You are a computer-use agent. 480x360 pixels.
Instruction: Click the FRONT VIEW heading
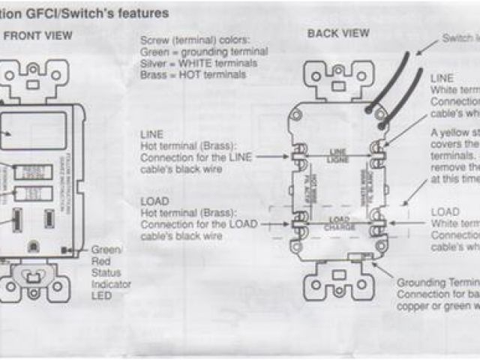coord(39,35)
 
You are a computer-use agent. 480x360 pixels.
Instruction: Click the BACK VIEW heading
coord(338,33)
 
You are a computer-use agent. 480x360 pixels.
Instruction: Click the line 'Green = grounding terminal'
coord(203,52)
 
